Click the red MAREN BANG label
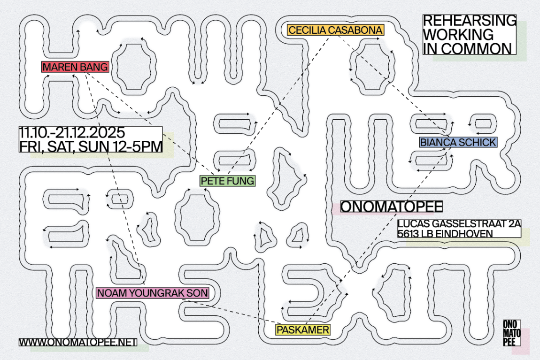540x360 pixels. [75, 67]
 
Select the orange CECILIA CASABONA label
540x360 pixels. [335, 30]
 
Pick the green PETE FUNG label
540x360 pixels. [227, 180]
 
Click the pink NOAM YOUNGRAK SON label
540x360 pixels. [152, 293]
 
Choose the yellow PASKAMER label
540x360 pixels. [303, 329]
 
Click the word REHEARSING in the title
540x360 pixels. [469, 21]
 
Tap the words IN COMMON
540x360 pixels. [467, 48]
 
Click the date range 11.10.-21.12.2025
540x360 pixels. [72, 133]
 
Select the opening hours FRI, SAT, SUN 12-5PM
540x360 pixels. [91, 146]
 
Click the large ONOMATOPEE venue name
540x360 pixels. [392, 207]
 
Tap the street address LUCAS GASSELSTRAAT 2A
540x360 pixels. [459, 224]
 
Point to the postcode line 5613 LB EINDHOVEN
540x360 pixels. [444, 234]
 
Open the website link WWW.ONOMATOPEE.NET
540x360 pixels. [78, 342]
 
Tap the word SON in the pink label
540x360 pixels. [197, 293]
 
